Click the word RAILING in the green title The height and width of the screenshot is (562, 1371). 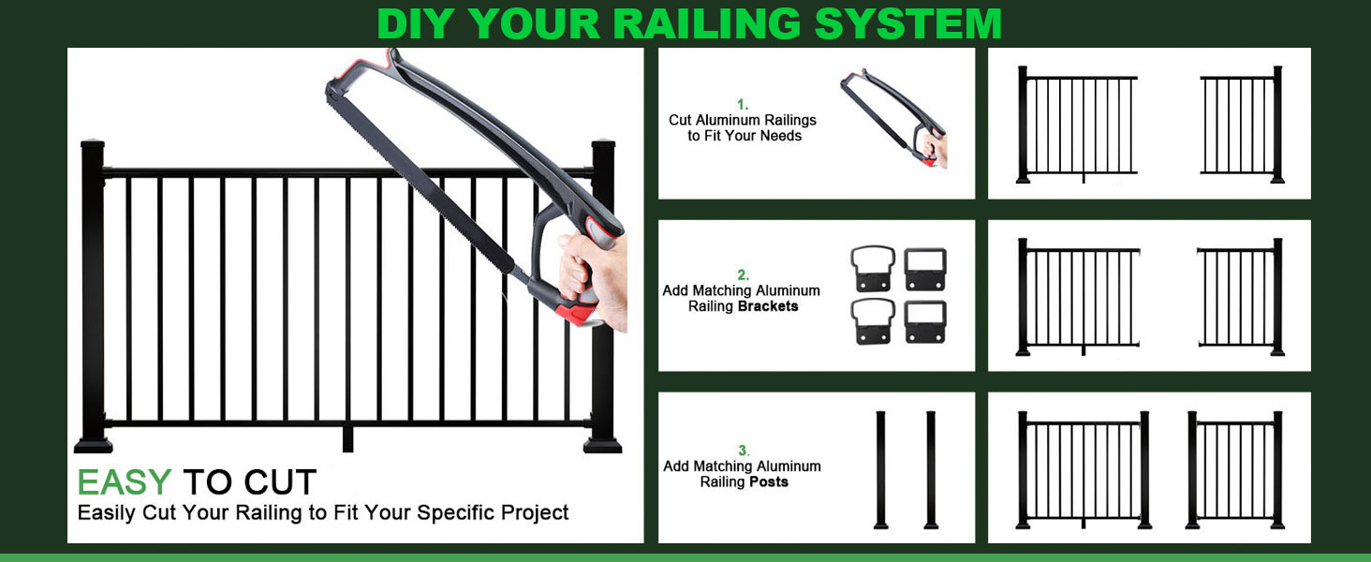(x=707, y=23)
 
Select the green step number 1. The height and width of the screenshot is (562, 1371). (x=743, y=105)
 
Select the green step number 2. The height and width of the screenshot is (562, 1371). (x=743, y=274)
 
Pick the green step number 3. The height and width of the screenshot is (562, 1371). (x=743, y=451)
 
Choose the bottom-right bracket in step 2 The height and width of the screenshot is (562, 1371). (x=925, y=321)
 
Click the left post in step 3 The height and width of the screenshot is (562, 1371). (x=880, y=469)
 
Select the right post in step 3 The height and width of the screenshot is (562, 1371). (x=931, y=469)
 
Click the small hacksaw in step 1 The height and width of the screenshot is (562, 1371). (x=893, y=117)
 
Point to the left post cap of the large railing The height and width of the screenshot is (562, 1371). (x=93, y=144)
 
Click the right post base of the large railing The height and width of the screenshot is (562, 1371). (x=602, y=445)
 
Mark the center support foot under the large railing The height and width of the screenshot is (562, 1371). (x=347, y=439)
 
